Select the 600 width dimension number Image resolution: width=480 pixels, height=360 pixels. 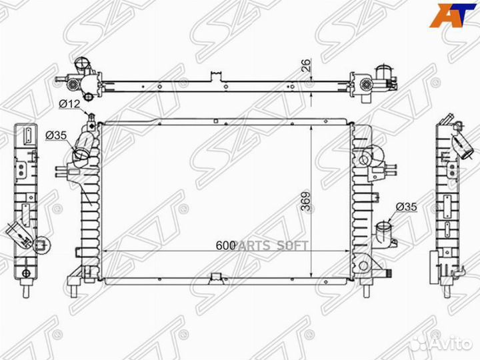tap(225, 245)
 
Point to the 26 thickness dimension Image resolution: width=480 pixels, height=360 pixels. tap(306, 67)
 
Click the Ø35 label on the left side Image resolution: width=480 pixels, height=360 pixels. tap(56, 135)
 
